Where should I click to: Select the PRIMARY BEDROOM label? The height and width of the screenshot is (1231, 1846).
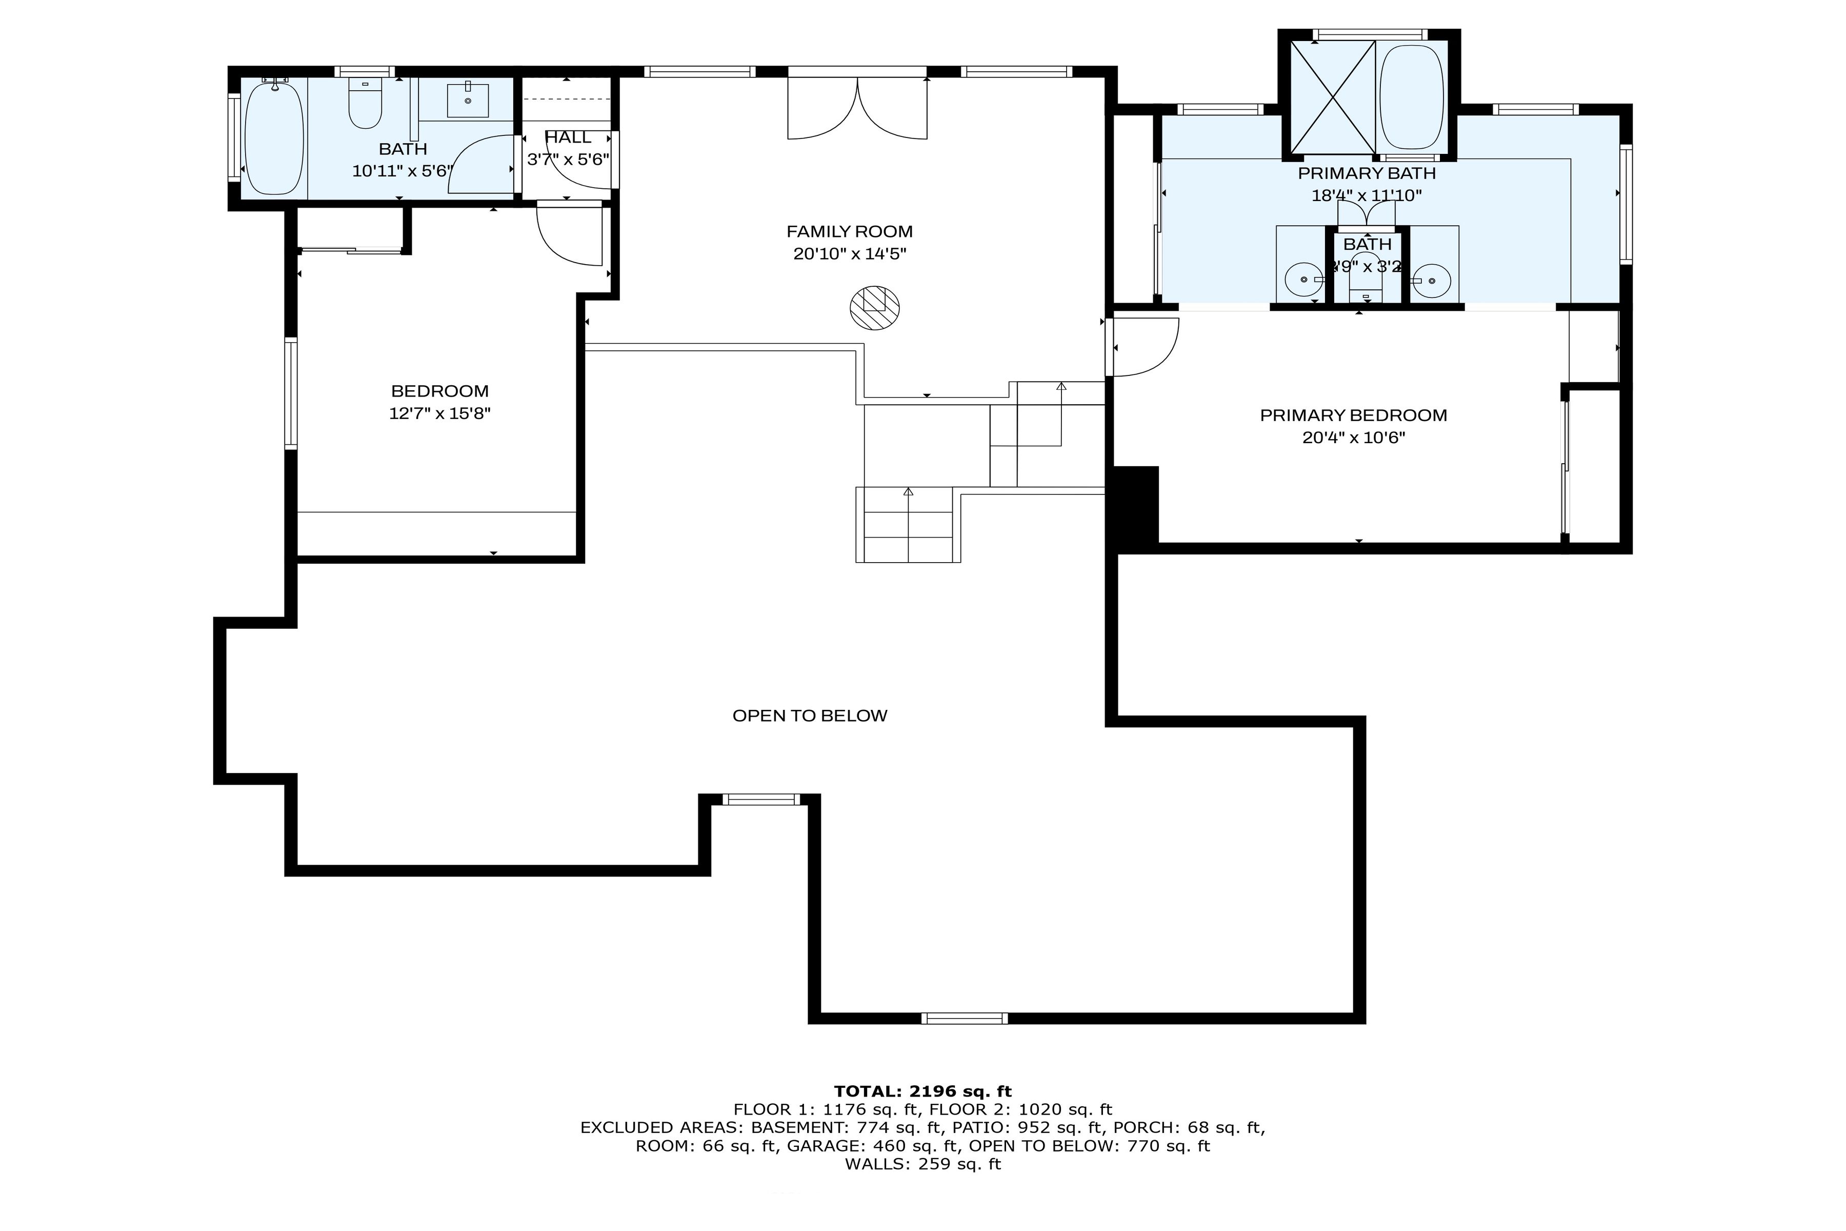1353,415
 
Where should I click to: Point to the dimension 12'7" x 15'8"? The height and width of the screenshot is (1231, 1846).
439,414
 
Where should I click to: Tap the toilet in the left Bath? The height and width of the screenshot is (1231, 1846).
365,105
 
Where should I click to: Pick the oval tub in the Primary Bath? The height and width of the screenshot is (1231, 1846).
1411,97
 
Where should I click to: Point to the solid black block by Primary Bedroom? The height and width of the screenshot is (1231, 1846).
1133,503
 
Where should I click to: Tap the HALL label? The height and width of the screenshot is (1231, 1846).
568,138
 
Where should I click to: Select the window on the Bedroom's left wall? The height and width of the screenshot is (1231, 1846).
291,392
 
